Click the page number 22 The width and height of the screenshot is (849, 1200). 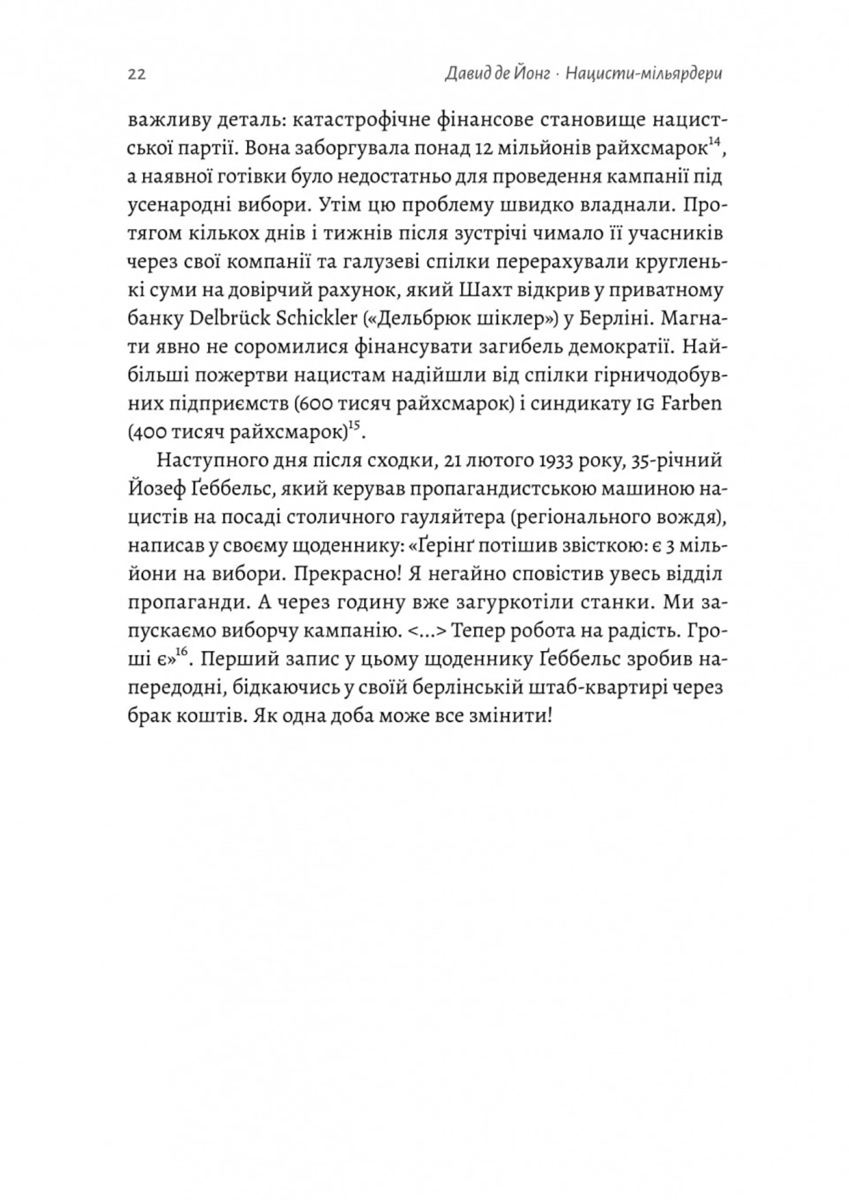pyautogui.click(x=137, y=75)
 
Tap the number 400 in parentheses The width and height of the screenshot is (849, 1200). pyautogui.click(x=152, y=433)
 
